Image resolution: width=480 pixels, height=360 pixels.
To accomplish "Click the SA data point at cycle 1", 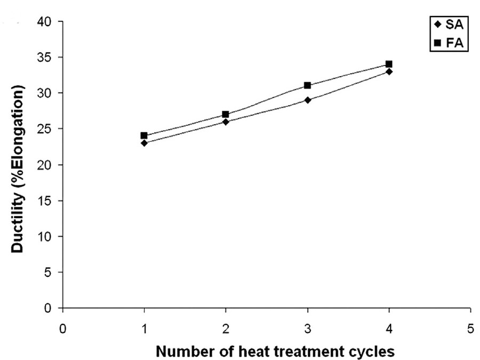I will tap(145, 143).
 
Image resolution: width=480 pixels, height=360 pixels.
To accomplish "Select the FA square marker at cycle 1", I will tap(145, 135).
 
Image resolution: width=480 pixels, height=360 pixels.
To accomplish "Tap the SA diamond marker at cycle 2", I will tap(226, 122).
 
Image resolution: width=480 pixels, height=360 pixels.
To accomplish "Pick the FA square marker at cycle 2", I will tap(226, 114).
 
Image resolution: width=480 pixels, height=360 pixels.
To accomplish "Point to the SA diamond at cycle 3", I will tap(308, 100).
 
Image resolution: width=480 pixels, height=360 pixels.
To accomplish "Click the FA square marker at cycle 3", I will tap(308, 85).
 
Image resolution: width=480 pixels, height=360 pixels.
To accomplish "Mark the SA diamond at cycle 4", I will tap(389, 71).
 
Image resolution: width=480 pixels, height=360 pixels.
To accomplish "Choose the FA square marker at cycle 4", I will tap(389, 64).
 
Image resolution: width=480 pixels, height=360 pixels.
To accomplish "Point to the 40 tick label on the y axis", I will tap(46, 22).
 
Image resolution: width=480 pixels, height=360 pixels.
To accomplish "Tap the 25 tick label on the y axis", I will tap(46, 129).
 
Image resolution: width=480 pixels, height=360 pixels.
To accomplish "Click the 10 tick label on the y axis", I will tap(46, 236).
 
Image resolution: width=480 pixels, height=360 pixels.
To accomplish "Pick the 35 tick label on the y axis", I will tap(46, 58).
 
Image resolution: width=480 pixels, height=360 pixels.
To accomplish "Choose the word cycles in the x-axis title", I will tap(375, 352).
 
